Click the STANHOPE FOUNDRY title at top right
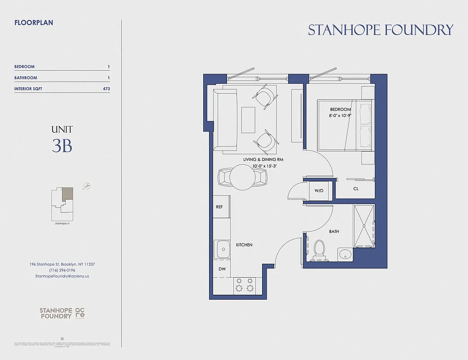(x=380, y=30)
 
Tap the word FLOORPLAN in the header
(x=34, y=22)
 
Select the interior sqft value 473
(x=106, y=89)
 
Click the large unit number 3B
(x=62, y=146)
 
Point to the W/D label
(x=319, y=191)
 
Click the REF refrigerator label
(x=219, y=207)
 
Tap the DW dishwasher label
(x=222, y=269)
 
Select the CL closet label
(x=356, y=189)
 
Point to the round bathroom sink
(x=345, y=254)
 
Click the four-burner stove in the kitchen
(x=244, y=285)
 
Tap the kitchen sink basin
(x=223, y=248)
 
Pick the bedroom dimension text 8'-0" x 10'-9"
(x=340, y=116)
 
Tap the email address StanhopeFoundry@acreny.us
(x=62, y=276)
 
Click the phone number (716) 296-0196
(x=62, y=270)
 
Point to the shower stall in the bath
(x=364, y=226)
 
